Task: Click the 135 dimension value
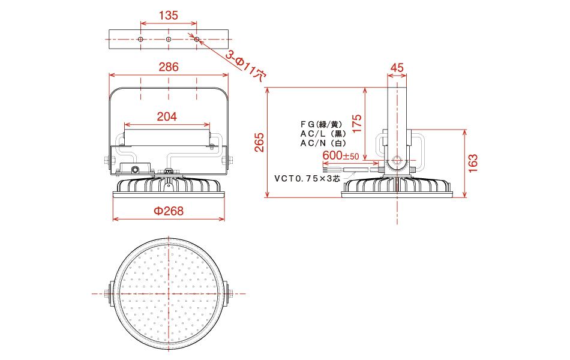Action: pos(169,15)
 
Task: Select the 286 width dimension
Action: pos(169,67)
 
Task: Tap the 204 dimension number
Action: pos(167,116)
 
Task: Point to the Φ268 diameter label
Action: pos(169,211)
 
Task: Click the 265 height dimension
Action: pos(259,142)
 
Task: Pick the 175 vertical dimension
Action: pos(357,123)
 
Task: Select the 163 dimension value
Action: pos(473,163)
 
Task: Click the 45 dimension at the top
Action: pos(397,68)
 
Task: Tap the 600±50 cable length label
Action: pos(341,155)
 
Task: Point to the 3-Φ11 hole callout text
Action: pos(246,65)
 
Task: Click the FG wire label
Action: pos(322,124)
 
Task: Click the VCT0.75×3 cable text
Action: pos(307,179)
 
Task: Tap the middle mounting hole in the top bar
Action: pos(169,39)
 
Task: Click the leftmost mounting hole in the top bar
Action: pos(140,39)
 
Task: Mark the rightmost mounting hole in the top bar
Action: pos(197,39)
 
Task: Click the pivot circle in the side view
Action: pos(397,161)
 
